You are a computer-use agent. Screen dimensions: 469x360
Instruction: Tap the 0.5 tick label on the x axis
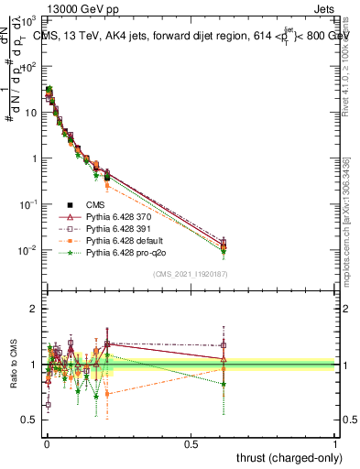tap(191, 442)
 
